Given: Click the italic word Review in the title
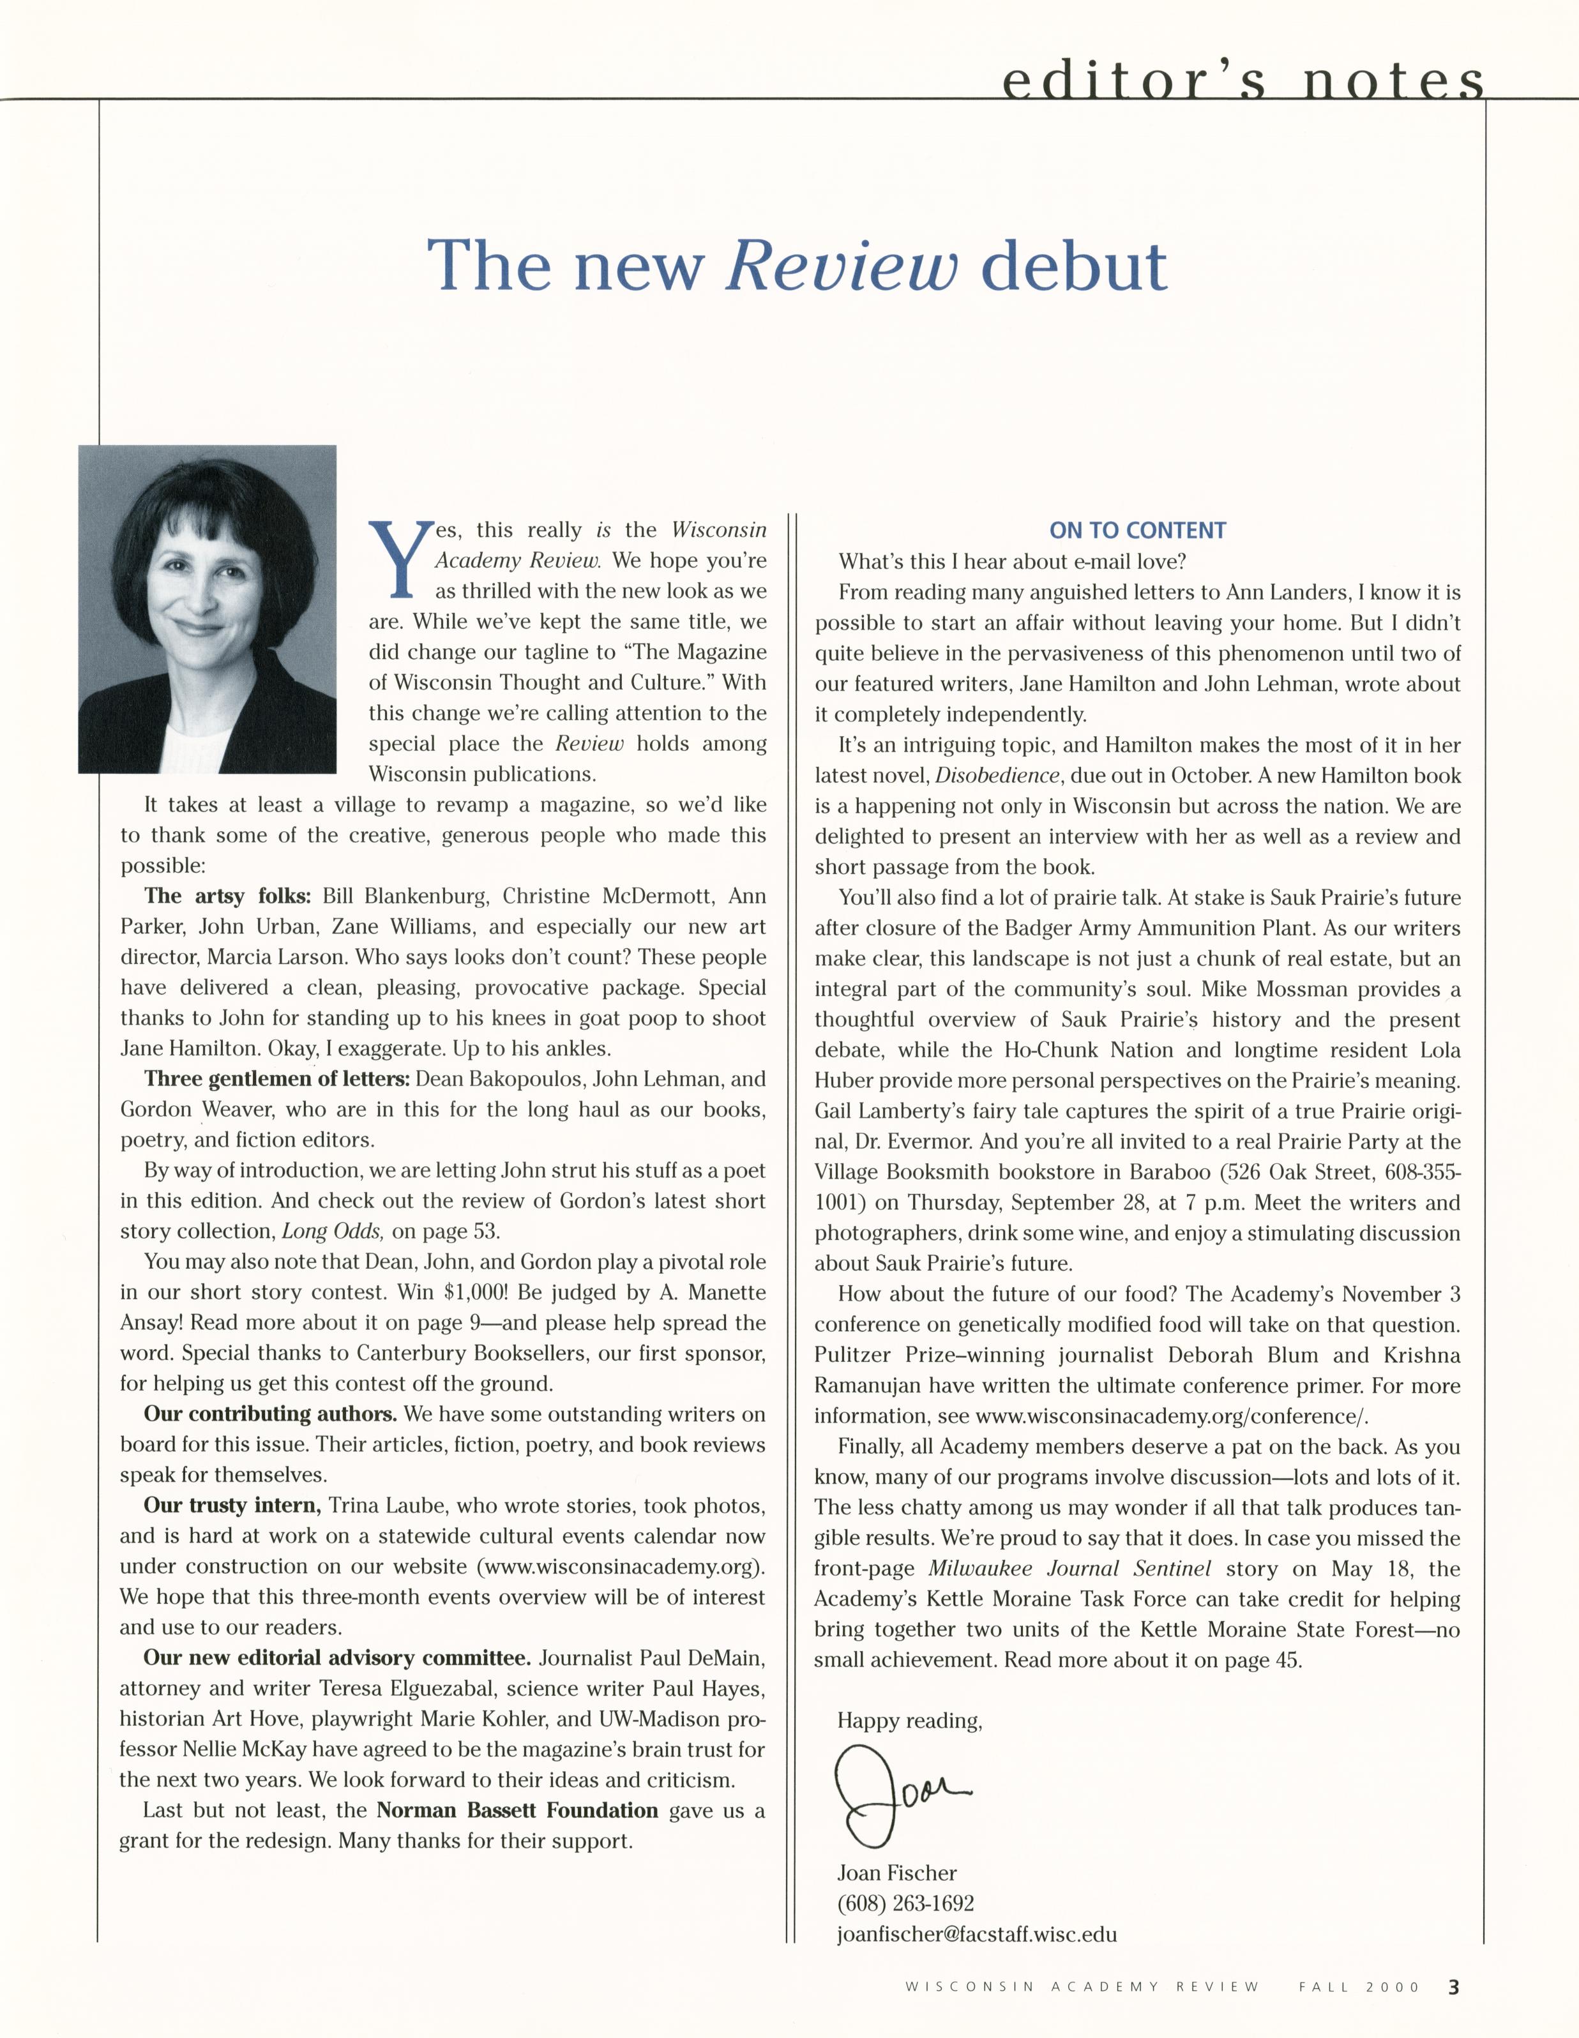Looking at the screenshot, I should click(x=842, y=266).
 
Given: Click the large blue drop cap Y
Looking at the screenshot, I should click(x=400, y=558).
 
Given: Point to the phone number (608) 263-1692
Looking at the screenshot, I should click(x=905, y=1903).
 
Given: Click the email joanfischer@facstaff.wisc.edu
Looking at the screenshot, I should click(x=976, y=1933).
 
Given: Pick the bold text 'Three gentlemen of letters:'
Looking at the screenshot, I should click(x=277, y=1080).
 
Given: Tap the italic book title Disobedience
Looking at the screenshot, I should click(x=997, y=776).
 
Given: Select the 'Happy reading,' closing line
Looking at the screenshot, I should click(x=910, y=1721).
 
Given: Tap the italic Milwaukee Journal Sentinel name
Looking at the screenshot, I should click(x=1069, y=1569).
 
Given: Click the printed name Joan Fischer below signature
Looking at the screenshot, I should click(x=897, y=1873).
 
